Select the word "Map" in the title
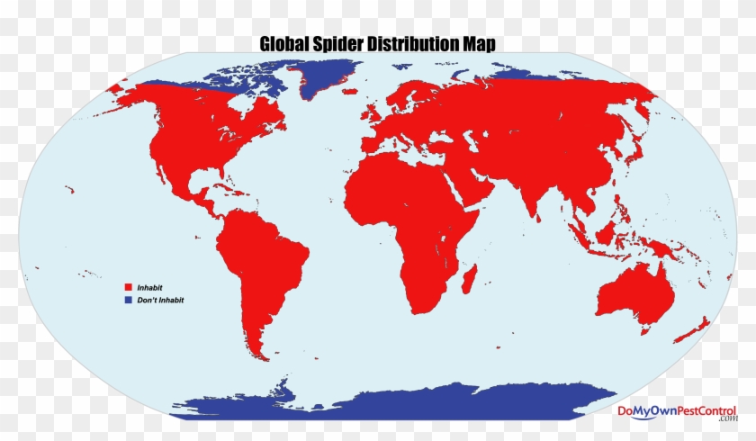pos(477,44)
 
